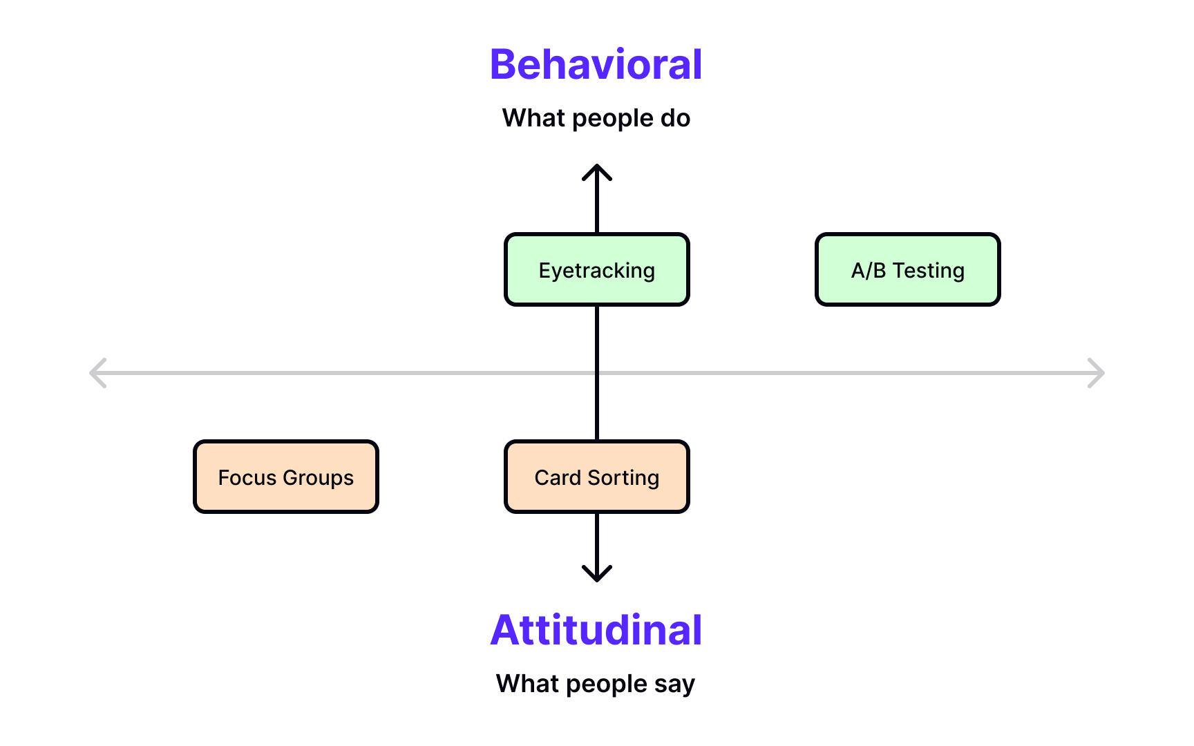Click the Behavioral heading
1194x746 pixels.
596,65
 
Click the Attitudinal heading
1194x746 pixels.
596,630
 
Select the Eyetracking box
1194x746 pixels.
597,270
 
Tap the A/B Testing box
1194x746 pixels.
907,270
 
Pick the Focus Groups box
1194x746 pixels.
286,477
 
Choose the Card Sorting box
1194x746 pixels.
597,477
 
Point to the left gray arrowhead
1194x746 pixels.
97,373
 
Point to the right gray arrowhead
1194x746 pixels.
1097,373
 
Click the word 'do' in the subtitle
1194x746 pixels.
675,118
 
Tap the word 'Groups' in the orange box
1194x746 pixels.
318,478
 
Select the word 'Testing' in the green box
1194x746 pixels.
928,271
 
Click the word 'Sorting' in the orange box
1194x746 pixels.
623,478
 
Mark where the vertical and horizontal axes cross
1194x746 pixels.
597,373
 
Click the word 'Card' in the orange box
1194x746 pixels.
558,478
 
